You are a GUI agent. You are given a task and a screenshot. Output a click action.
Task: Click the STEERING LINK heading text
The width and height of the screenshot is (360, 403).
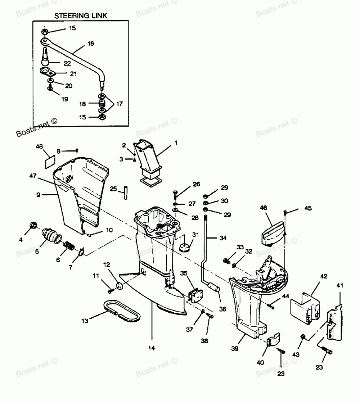pos(81,16)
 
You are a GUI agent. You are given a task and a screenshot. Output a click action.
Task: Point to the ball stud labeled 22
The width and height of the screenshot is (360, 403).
pos(46,58)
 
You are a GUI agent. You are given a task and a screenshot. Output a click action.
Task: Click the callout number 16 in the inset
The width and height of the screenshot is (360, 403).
pos(90,44)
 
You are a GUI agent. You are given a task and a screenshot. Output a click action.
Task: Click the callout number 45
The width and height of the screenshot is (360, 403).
pos(308,208)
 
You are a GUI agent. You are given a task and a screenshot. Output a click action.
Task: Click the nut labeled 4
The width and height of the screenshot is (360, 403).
pos(33,226)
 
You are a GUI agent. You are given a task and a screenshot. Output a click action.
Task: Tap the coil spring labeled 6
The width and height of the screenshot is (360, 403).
pos(69,247)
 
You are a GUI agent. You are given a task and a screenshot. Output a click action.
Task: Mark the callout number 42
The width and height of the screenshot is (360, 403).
pos(324,276)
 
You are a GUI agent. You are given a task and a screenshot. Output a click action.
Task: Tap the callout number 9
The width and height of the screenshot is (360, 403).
pos(39,195)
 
